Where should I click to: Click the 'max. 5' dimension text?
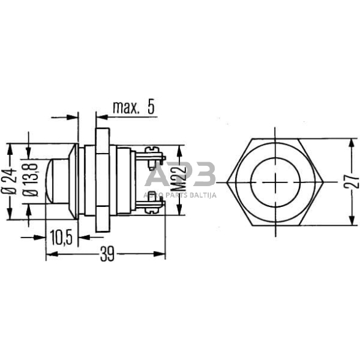pyautogui.click(x=133, y=108)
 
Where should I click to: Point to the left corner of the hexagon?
pyautogui.click(x=227, y=181)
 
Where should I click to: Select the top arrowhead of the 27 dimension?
pyautogui.click(x=351, y=141)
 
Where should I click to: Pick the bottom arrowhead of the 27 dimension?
pyautogui.click(x=351, y=222)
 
